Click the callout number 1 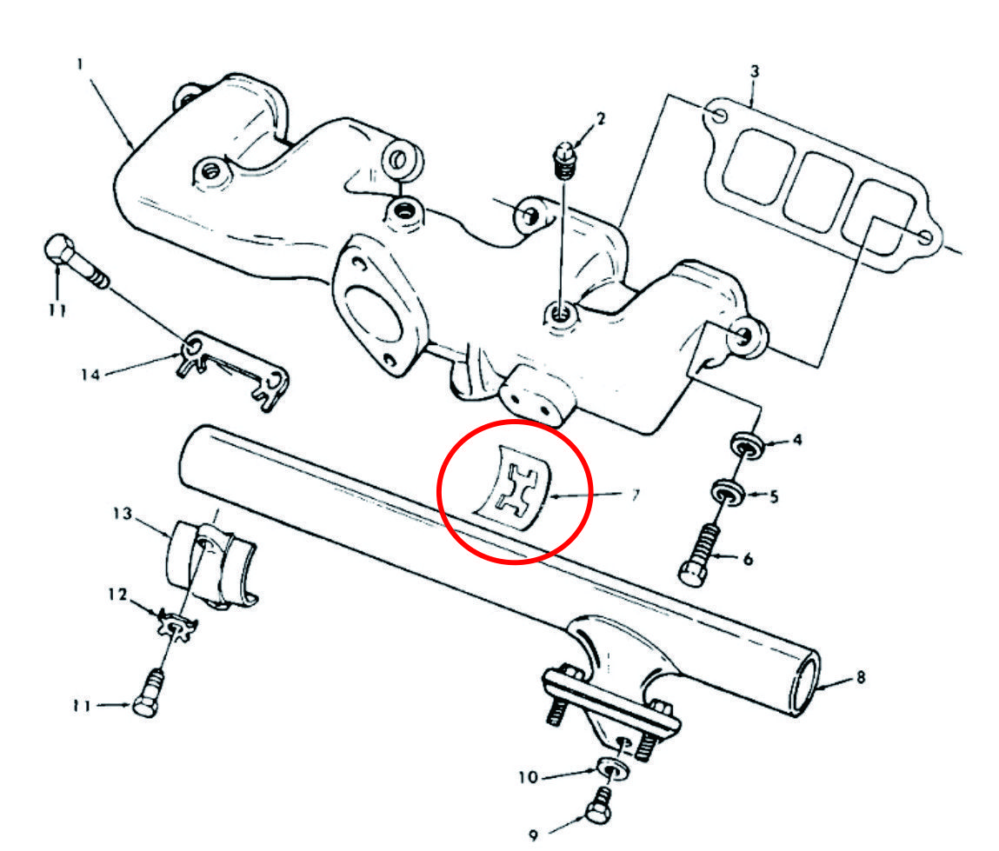80,64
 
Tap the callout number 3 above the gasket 755,70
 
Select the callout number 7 636,495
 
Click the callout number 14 90,374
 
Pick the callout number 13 123,514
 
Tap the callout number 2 600,118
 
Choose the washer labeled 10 614,768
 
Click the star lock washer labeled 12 176,624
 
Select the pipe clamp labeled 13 210,563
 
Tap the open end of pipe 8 805,688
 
